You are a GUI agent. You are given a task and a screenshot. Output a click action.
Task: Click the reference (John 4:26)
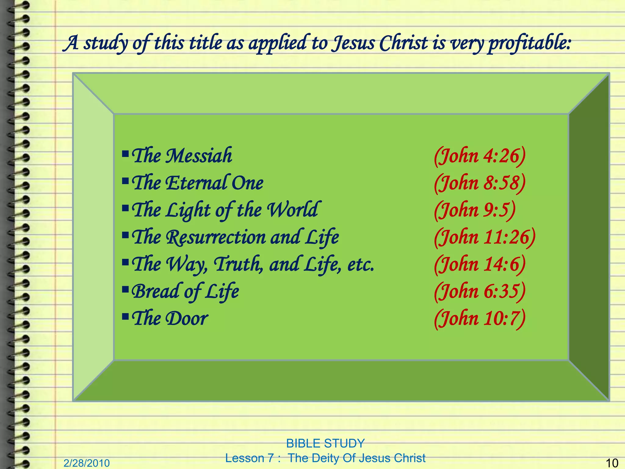pos(480,156)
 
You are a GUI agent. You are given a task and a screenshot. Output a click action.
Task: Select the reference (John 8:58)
pos(480,183)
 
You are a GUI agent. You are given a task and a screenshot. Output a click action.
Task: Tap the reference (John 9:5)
pos(475,210)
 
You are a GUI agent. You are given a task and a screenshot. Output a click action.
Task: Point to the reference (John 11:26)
pos(485,237)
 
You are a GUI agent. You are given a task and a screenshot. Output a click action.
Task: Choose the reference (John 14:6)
pos(480,264)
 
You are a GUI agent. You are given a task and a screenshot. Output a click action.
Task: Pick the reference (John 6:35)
pos(480,291)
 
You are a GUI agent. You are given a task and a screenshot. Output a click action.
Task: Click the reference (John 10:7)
pos(480,318)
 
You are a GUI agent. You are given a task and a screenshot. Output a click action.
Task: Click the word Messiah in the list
pos(199,156)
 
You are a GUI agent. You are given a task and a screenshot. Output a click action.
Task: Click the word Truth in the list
pos(237,264)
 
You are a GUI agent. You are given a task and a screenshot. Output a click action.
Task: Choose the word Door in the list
pos(186,318)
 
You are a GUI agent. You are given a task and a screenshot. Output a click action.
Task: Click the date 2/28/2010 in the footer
pos(86,463)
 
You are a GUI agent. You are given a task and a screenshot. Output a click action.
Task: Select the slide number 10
pos(612,463)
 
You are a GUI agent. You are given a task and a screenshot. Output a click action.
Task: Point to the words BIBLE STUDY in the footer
pos(325,443)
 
